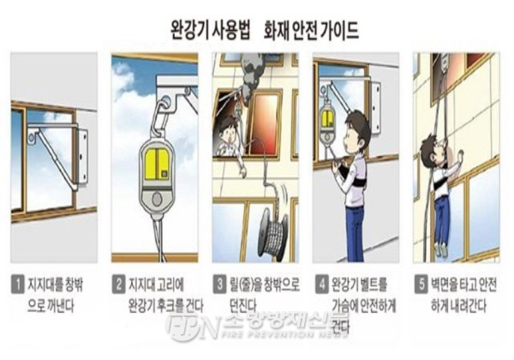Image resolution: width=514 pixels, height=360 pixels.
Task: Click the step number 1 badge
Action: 16,279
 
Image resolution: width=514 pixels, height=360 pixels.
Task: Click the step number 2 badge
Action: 117,279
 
